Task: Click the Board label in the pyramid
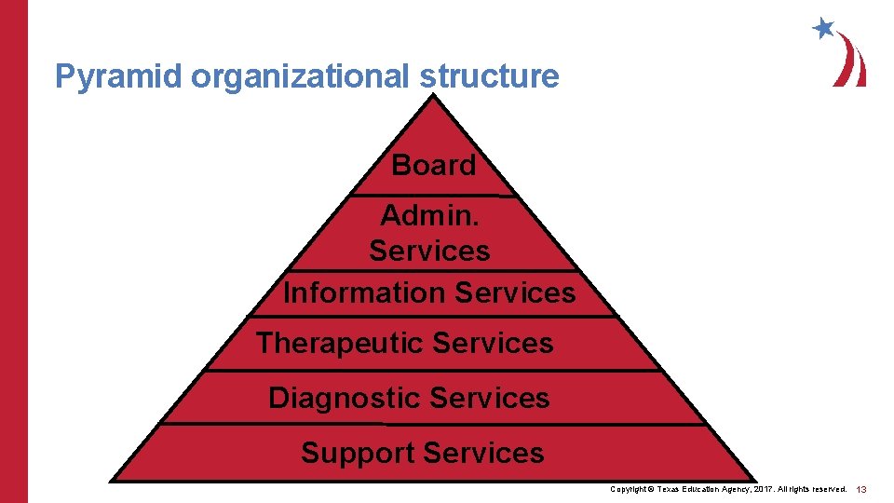[434, 165]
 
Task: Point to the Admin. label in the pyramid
[429, 215]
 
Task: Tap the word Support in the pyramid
[358, 453]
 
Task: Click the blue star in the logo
[823, 28]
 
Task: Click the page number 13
[861, 489]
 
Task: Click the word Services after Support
[483, 453]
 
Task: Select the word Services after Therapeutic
[494, 343]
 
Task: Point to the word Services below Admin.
[429, 251]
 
